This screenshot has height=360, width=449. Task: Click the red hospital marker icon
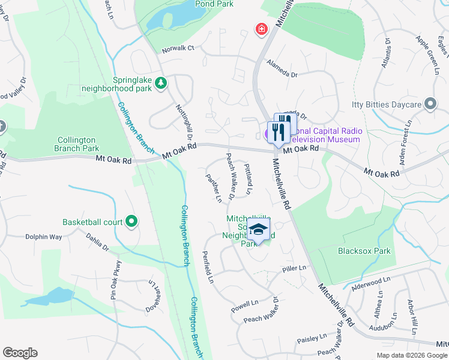[x=261, y=29]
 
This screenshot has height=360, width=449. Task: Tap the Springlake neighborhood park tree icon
[x=160, y=83]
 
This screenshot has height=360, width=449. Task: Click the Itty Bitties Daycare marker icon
[x=430, y=104]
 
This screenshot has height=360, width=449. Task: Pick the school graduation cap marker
[x=259, y=230]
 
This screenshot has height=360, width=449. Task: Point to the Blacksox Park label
[x=364, y=251]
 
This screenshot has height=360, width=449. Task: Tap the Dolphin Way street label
[x=43, y=237]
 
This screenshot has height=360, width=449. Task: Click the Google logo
[x=20, y=353]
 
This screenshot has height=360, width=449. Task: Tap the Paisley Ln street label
[x=312, y=339]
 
